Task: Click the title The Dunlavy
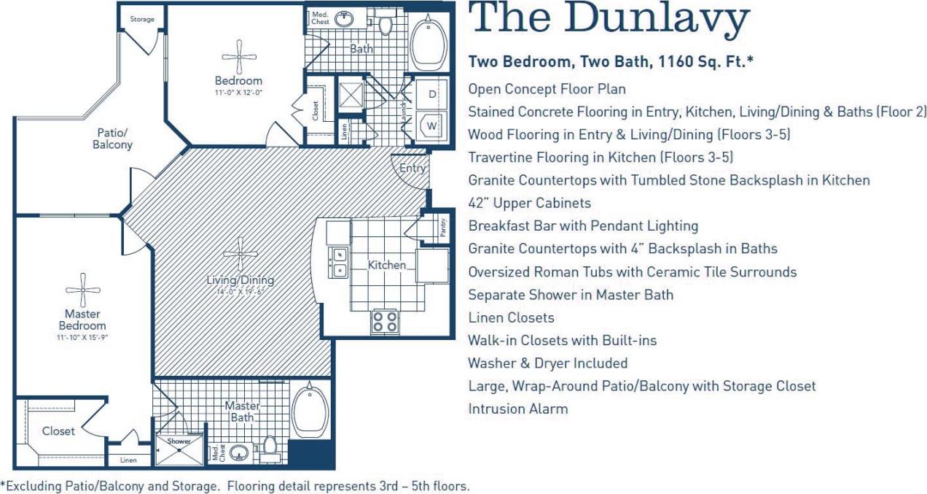609,20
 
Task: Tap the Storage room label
142,19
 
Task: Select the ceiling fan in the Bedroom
238,56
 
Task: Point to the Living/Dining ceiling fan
240,254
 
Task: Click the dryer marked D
431,95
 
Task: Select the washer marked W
431,126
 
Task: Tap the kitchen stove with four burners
385,321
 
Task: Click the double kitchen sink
338,263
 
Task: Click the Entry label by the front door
412,169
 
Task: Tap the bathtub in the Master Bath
311,410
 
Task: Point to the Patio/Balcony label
113,139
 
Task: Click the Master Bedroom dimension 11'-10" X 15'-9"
82,338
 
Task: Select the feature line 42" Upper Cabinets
529,203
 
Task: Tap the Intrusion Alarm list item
517,409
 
